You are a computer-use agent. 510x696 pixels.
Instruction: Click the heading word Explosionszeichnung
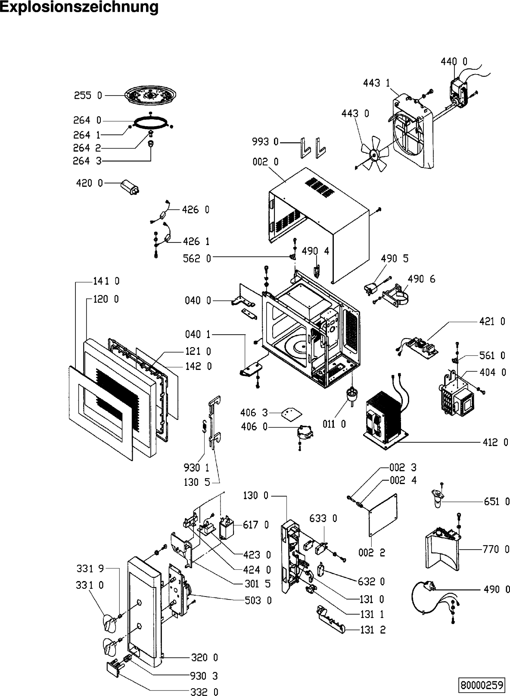click(79, 7)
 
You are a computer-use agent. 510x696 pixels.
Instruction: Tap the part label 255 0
click(88, 96)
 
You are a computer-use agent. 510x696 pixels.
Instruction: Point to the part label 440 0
click(454, 62)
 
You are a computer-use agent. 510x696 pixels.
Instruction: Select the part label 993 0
click(265, 142)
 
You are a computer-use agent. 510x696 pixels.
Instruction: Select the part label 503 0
click(258, 600)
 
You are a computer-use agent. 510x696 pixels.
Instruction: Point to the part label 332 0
click(204, 692)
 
